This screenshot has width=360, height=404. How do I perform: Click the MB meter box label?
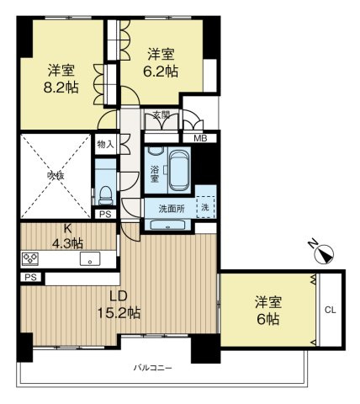(x=200, y=139)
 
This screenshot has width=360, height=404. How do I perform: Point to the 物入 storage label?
(x=104, y=145)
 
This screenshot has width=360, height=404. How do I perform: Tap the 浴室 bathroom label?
(x=155, y=173)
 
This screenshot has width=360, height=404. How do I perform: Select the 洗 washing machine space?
(x=204, y=206)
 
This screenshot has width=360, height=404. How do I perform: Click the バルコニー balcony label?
(x=151, y=369)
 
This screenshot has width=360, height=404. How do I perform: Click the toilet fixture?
(x=105, y=194)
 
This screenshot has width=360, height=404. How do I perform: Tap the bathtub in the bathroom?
(x=177, y=171)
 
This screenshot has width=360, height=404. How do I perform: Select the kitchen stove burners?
(x=31, y=258)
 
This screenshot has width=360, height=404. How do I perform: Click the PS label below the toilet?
(x=105, y=215)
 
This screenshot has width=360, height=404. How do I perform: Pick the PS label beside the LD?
(x=29, y=277)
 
